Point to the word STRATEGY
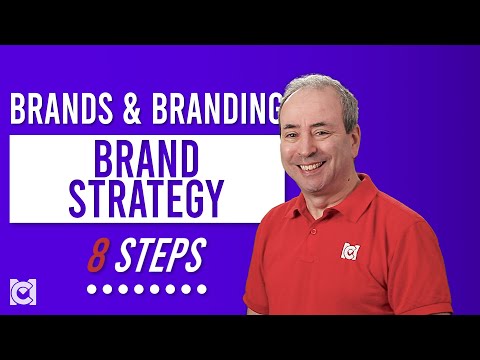pos(147,198)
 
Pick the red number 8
pos(96,255)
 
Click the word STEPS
pos(160,255)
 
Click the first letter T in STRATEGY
pos(96,198)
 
